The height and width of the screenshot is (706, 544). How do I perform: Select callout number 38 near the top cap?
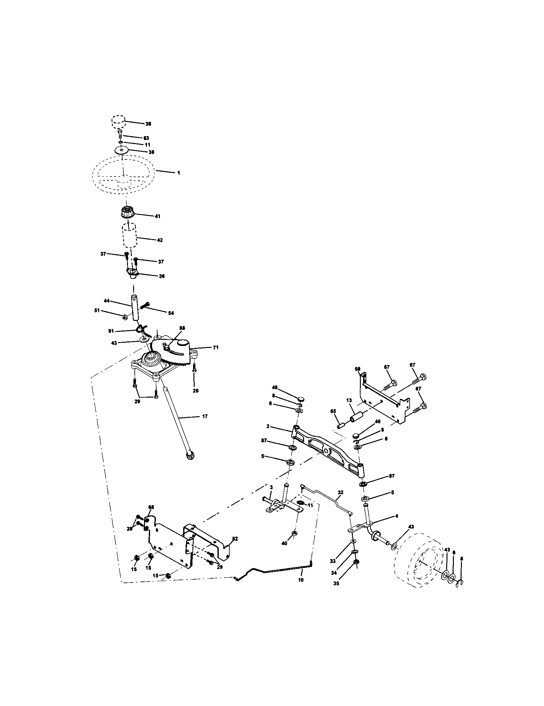[148, 124]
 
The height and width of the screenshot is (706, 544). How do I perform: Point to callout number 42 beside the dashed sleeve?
[160, 240]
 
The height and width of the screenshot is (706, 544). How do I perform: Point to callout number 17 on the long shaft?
[205, 416]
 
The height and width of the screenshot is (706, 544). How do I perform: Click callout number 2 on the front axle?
[268, 426]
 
